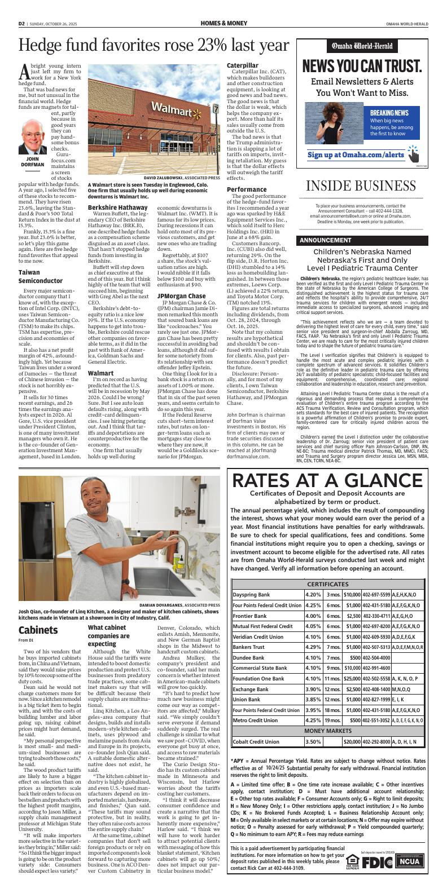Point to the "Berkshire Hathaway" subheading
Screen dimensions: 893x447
point(117,207)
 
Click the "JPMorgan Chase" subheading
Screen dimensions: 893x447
point(181,296)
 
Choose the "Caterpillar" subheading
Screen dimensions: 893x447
point(242,65)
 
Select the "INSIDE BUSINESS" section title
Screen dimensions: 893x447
point(363,187)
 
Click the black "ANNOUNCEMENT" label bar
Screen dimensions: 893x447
point(325,240)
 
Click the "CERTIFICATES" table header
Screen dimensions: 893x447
point(327,584)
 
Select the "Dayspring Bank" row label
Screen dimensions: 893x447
point(252,594)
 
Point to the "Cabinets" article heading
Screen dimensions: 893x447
point(37,630)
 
